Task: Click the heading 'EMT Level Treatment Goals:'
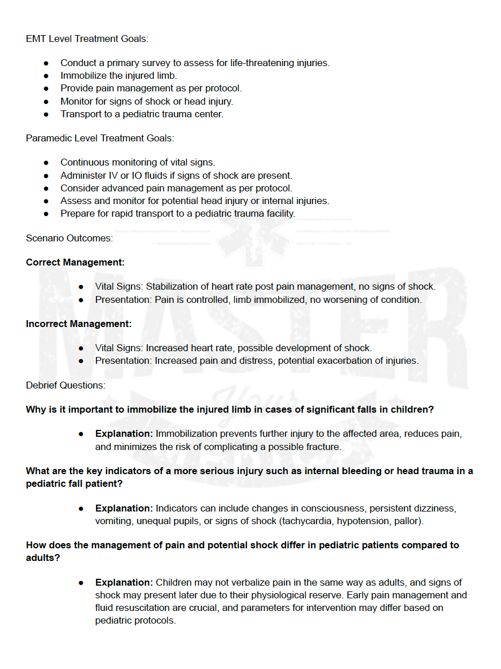(87, 39)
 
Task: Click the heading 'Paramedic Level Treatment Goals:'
(100, 138)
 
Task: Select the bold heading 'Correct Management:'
(75, 262)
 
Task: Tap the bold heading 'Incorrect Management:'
(79, 324)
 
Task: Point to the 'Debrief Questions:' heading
(65, 385)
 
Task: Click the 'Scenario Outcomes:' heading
(69, 237)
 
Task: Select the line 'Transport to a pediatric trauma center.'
(142, 114)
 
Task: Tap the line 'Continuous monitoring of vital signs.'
(138, 163)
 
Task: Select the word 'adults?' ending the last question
(43, 557)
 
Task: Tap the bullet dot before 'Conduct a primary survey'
(47, 63)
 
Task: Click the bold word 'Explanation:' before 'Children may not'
(124, 583)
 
